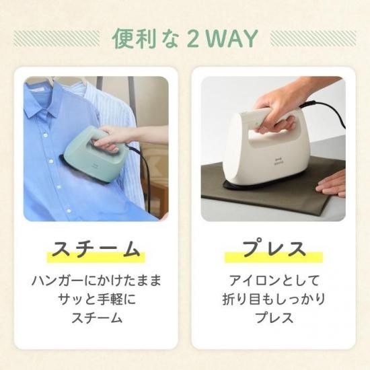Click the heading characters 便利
click(134, 39)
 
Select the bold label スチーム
click(96, 249)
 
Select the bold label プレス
click(274, 248)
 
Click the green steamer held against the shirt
click(94, 155)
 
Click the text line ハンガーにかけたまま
click(96, 281)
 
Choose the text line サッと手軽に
click(96, 299)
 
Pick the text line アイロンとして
click(274, 281)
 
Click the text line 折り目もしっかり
click(274, 299)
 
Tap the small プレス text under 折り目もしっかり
click(274, 318)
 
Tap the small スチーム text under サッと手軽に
click(97, 318)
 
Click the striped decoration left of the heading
click(57, 38)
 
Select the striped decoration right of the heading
click(313, 38)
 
